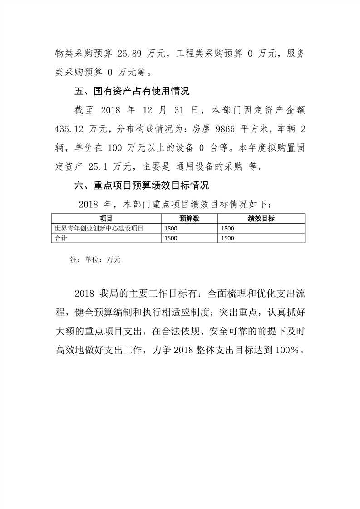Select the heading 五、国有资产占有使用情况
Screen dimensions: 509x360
[x=132, y=91]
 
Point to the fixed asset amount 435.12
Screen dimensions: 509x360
[x=67, y=129]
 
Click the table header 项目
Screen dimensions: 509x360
[x=106, y=219]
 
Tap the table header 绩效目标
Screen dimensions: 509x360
[x=261, y=219]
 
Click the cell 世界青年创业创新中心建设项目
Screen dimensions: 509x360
[x=99, y=229]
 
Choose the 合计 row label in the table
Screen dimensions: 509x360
[x=60, y=238]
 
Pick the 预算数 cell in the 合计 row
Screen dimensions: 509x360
[x=171, y=238]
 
